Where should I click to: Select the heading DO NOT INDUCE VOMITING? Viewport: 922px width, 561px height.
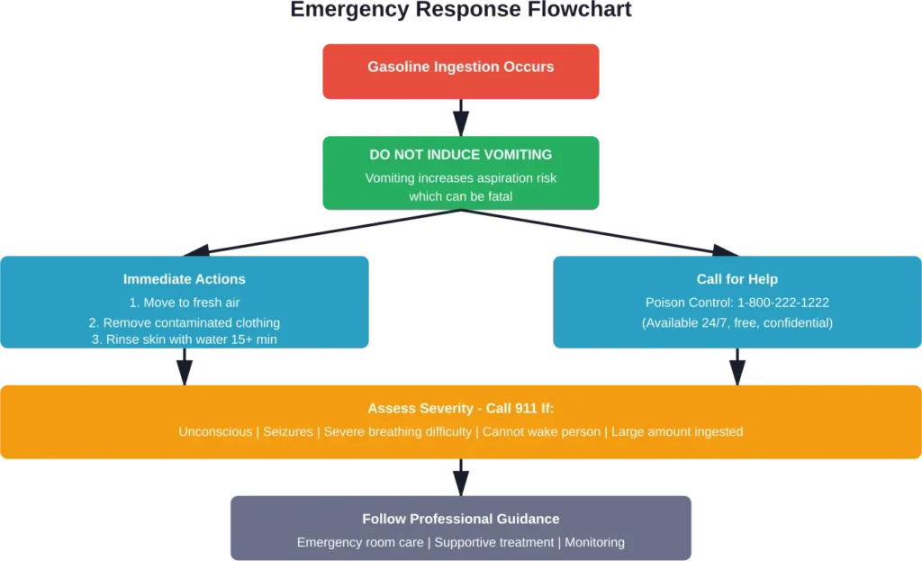pos(461,155)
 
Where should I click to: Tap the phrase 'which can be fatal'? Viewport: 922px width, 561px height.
pos(461,196)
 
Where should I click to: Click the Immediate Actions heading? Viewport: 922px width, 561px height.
pos(185,279)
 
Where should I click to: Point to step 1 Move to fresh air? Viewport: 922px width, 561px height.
pos(185,303)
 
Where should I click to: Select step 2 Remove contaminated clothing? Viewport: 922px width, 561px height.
pos(185,322)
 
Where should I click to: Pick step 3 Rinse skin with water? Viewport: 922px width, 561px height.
pos(185,339)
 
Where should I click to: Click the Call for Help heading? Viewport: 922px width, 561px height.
pos(737,279)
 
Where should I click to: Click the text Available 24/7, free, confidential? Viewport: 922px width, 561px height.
pos(737,322)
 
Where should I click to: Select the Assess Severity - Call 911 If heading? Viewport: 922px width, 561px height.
pos(461,408)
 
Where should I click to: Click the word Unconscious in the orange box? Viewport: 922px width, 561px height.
pos(215,432)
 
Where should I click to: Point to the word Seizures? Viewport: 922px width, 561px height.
pos(288,432)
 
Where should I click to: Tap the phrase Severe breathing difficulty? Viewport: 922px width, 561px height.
pos(397,432)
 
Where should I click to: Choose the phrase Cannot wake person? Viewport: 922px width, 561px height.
pos(541,432)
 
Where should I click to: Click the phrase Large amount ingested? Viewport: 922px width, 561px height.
pos(677,432)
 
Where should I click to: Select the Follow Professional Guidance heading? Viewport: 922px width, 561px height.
pos(461,519)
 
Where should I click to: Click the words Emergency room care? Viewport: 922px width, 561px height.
pos(359,543)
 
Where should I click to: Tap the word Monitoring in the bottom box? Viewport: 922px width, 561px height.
pos(595,543)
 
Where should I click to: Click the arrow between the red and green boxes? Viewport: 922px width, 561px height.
pos(461,117)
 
